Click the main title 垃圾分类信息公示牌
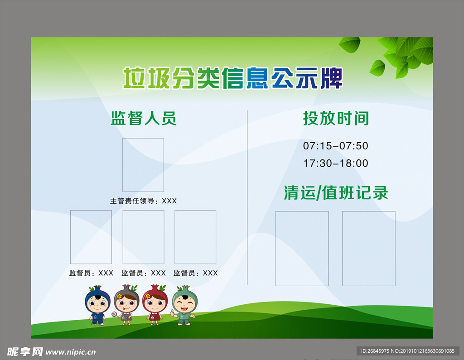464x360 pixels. pyautogui.click(x=232, y=78)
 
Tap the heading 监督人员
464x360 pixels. pyautogui.click(x=144, y=118)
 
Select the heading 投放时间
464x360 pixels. pyautogui.click(x=336, y=118)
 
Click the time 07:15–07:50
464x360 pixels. pyautogui.click(x=336, y=146)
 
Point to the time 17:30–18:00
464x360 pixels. pyautogui.click(x=336, y=163)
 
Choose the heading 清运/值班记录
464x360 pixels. pyautogui.click(x=336, y=193)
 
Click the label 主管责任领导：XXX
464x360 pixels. pyautogui.click(x=143, y=201)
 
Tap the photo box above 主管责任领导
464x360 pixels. pyautogui.click(x=143, y=138)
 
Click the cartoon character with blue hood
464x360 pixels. pyautogui.click(x=97, y=305)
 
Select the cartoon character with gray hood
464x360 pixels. pyautogui.click(x=126, y=305)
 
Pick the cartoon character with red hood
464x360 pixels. pyautogui.click(x=155, y=305)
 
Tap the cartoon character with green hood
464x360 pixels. pyautogui.click(x=184, y=305)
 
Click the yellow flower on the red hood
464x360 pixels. pyautogui.click(x=147, y=296)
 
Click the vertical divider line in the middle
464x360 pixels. pyautogui.click(x=247, y=197)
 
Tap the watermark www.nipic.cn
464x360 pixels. pyautogui.click(x=71, y=352)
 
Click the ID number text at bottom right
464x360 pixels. pyautogui.click(x=407, y=351)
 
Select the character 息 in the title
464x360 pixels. pyautogui.click(x=257, y=78)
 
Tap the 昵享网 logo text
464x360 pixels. pyautogui.click(x=25, y=352)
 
